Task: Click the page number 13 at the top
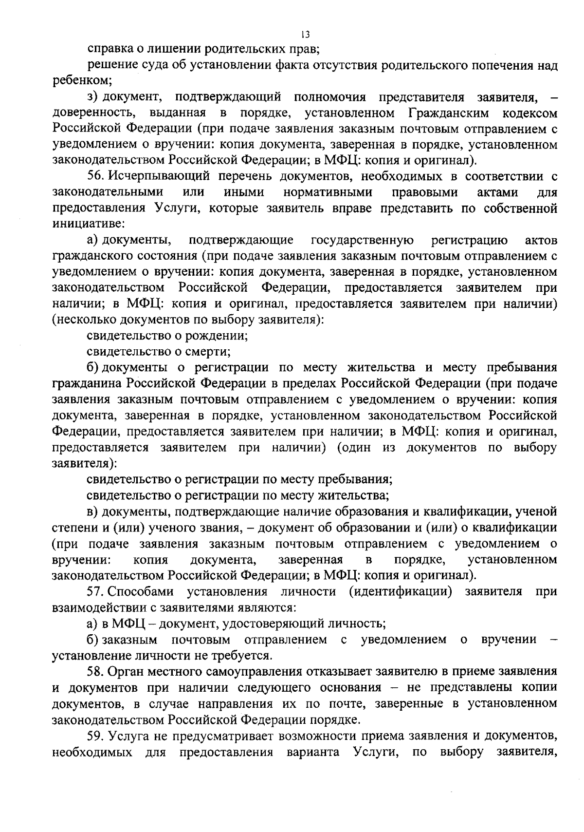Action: (305, 34)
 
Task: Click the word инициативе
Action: (89, 224)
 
